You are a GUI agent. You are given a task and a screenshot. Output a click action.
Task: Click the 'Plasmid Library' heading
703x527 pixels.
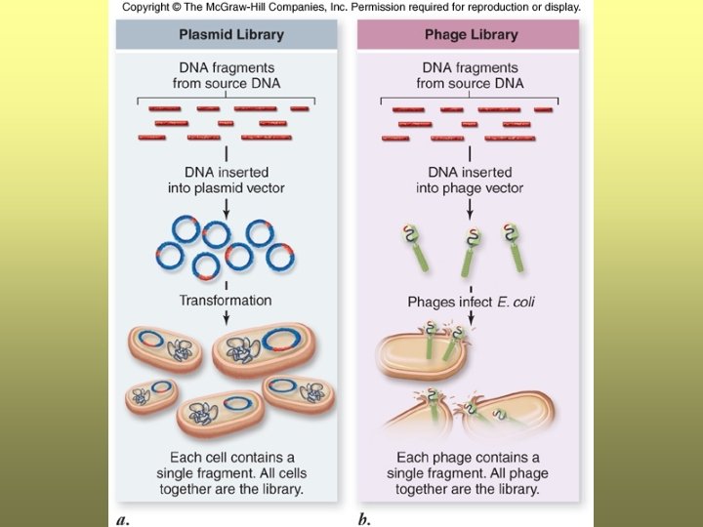pyautogui.click(x=231, y=34)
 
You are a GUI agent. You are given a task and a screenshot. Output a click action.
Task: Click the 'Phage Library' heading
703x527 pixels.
pyautogui.click(x=470, y=34)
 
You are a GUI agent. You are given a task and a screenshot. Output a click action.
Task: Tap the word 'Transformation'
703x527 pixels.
pyautogui.click(x=226, y=300)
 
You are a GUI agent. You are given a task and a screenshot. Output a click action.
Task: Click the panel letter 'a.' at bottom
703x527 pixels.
pyautogui.click(x=123, y=518)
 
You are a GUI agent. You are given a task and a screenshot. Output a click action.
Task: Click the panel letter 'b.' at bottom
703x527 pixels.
pyautogui.click(x=364, y=518)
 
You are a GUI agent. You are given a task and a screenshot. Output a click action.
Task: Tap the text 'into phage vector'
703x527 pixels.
pyautogui.click(x=470, y=188)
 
